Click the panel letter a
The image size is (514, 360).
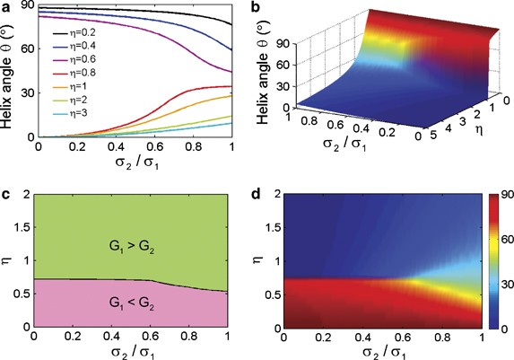click(x=7, y=8)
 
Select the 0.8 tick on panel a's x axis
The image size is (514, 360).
click(x=188, y=145)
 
